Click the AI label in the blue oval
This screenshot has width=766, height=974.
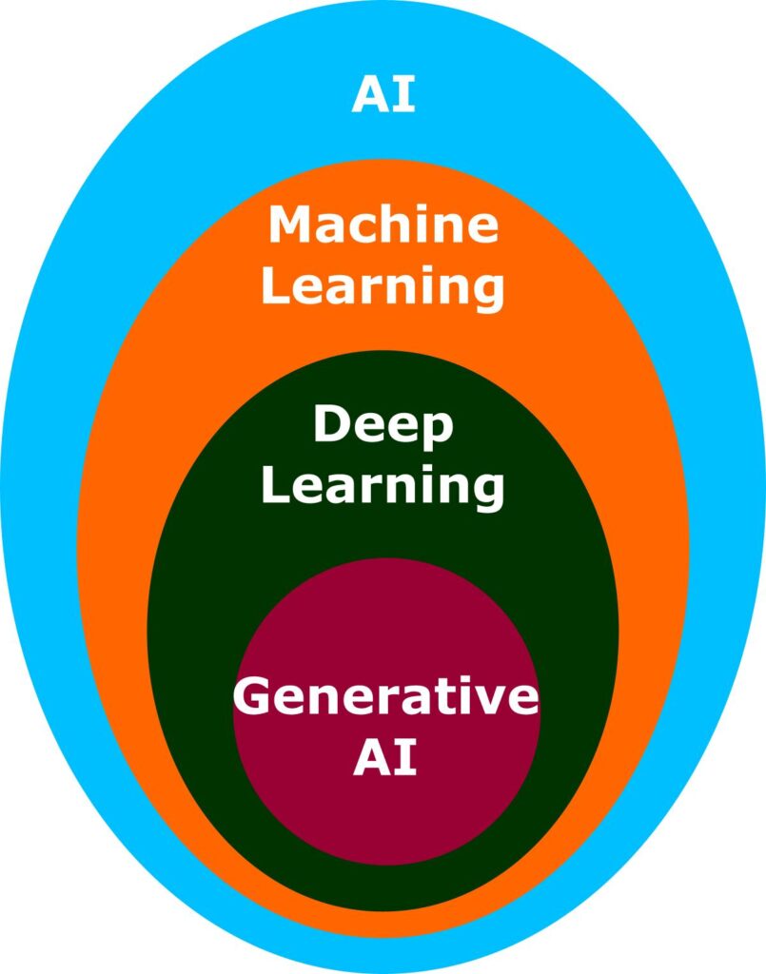point(383,95)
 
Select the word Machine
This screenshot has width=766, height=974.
point(383,226)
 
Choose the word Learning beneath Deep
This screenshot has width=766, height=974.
point(383,485)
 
